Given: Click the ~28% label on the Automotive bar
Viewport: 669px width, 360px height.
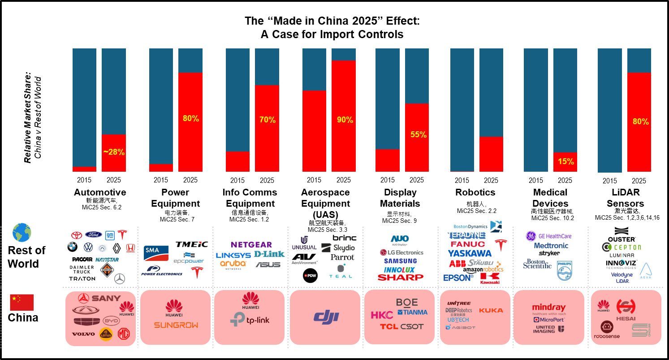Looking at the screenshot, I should pos(114,152).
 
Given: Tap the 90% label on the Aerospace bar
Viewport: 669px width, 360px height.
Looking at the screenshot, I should pos(345,120).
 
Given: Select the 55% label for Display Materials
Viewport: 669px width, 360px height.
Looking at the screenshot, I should pos(418,134).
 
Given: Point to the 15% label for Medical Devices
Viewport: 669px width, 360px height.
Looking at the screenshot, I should pos(566,162).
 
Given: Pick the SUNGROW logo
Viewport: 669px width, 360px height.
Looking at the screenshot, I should pos(176,325).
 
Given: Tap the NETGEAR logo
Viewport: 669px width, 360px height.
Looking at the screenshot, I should pos(251,245).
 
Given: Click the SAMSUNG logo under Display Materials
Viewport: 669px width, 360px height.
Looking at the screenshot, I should pos(400,261).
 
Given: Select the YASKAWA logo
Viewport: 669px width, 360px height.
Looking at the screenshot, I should pos(470,253).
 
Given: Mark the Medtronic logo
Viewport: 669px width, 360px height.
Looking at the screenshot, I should pos(551,246).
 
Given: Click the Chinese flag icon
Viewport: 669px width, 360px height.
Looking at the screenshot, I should pos(22,303).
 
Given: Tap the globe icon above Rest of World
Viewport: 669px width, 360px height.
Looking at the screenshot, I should pos(22,233).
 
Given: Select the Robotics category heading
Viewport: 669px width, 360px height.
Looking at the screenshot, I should pos(475,192).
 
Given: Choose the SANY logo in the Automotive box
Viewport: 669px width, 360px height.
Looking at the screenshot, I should pos(99,298).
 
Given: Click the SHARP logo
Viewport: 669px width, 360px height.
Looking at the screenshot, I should pos(400,278).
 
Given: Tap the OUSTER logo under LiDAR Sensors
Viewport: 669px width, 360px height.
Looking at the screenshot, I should pos(621,239).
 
